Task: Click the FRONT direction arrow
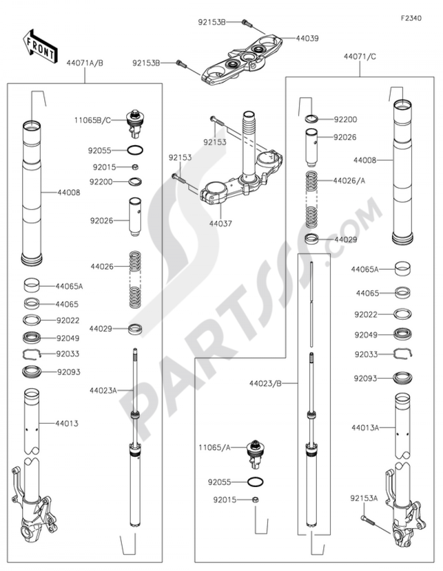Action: [x=40, y=46]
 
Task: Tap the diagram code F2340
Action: [x=411, y=18]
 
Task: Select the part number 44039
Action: [x=307, y=38]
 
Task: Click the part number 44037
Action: [x=221, y=224]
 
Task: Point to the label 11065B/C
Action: [x=93, y=121]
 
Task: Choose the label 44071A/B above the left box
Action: [x=85, y=63]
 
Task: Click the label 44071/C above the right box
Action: [x=360, y=57]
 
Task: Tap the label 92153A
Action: [x=364, y=498]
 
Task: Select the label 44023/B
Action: [x=265, y=384]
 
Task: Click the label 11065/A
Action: [x=214, y=448]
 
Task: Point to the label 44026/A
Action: [x=349, y=181]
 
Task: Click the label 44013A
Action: [x=365, y=428]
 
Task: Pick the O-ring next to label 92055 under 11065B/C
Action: [x=136, y=150]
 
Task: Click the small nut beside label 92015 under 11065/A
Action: [x=255, y=499]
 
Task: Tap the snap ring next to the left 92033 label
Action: [x=31, y=354]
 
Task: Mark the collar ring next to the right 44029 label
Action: [x=311, y=239]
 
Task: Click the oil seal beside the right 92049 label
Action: [x=403, y=334]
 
